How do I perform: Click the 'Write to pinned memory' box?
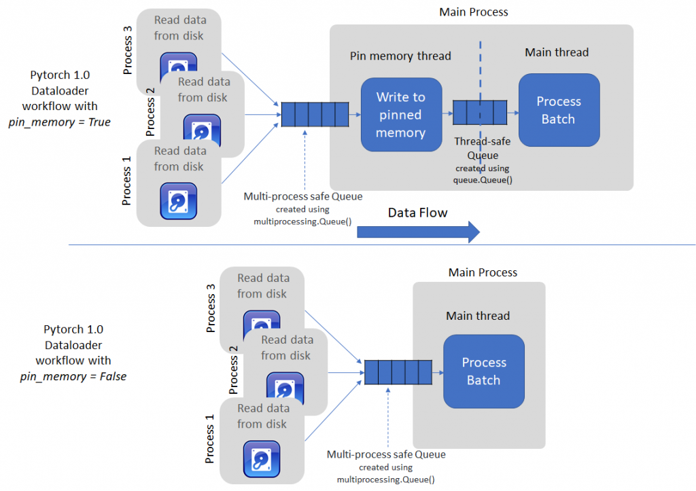coord(401,115)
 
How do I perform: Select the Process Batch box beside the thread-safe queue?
coord(558,110)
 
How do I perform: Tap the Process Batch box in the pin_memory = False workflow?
coord(483,371)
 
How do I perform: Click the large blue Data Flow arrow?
coord(418,232)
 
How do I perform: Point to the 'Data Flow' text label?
coord(417,213)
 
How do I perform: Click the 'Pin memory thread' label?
coord(400,56)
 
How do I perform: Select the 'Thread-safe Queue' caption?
coord(482,149)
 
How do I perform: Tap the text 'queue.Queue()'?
coord(482,180)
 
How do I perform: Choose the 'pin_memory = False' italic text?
coord(73,376)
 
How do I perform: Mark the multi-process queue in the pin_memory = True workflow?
coord(315,113)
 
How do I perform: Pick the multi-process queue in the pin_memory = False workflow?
coord(398,371)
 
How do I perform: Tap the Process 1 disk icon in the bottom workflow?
coord(262,459)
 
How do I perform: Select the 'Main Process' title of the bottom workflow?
coord(483,272)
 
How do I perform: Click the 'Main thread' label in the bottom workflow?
coord(478,316)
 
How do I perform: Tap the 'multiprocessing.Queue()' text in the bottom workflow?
coord(385,479)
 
